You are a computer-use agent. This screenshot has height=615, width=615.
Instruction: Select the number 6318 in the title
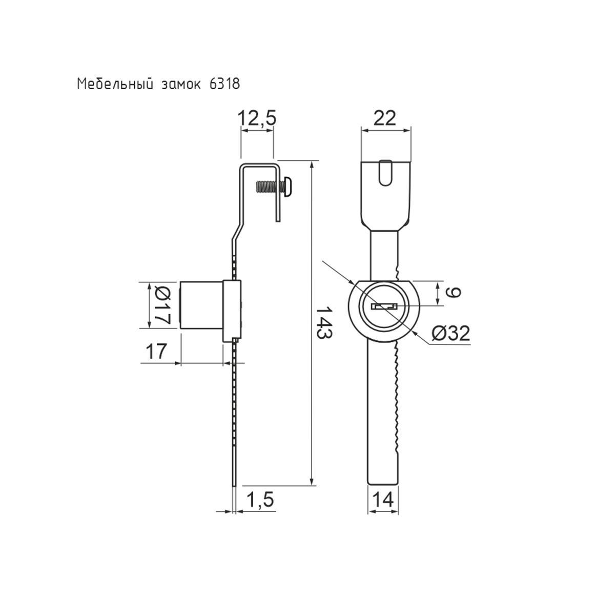224,84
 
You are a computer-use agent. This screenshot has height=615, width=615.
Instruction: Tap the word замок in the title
180,85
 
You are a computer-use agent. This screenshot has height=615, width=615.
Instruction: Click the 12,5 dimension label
257,118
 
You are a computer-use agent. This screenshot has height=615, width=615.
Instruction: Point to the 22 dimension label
384,118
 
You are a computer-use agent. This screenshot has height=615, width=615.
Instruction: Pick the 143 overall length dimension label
324,323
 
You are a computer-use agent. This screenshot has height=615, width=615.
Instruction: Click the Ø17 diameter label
163,305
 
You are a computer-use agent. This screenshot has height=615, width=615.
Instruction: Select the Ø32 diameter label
450,334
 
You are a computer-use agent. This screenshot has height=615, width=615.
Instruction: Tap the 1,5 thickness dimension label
260,500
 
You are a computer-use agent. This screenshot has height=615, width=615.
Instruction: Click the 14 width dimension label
383,500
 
